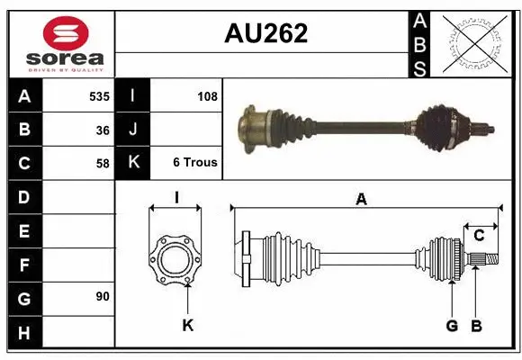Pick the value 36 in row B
pyautogui.click(x=102, y=129)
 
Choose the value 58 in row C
pyautogui.click(x=102, y=163)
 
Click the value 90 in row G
pyautogui.click(x=102, y=296)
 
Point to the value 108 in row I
pyautogui.click(x=207, y=95)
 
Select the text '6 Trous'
pyautogui.click(x=195, y=163)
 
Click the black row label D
pyautogui.click(x=24, y=197)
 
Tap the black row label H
pyautogui.click(x=24, y=332)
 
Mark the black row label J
pyautogui.click(x=133, y=130)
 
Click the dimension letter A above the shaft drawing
pyautogui.click(x=361, y=200)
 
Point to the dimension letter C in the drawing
pyautogui.click(x=480, y=236)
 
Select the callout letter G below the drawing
pyautogui.click(x=452, y=325)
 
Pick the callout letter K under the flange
pyautogui.click(x=187, y=325)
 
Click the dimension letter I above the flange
pyautogui.click(x=177, y=197)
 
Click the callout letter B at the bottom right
pyautogui.click(x=477, y=325)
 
